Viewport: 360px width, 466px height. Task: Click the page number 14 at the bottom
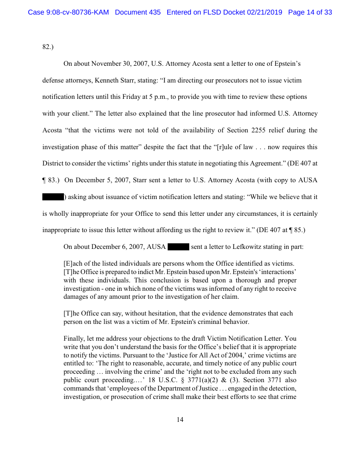[180, 420]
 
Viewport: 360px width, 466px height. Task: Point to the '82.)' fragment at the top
[48, 47]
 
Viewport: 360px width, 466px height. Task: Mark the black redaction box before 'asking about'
[53, 197]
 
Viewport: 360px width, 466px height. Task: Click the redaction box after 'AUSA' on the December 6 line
[178, 247]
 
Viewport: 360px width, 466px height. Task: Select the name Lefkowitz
[245, 247]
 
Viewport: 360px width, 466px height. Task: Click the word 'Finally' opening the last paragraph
[75, 339]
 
